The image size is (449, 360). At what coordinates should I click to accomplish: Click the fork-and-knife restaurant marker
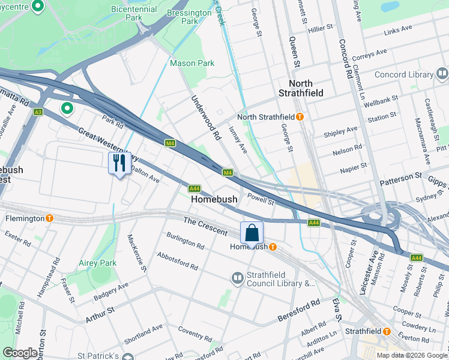coord(119,163)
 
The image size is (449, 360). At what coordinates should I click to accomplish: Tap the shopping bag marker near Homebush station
coord(252,232)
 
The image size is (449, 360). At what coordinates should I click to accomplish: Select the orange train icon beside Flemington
coord(50,218)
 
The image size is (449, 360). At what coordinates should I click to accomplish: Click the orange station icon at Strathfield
coord(387,331)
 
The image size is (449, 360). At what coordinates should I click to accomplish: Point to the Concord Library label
coord(404,75)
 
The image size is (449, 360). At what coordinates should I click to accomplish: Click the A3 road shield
coord(38,112)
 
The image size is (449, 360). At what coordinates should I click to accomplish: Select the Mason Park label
coord(191,63)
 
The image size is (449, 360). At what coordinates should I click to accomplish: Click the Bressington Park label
coord(190,16)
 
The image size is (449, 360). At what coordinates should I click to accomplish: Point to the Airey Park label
coord(97,263)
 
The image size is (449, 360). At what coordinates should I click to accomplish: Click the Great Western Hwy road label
coord(107,144)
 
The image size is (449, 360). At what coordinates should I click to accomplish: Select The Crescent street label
coord(205,226)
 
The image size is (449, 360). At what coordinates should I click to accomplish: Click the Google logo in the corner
coord(20,353)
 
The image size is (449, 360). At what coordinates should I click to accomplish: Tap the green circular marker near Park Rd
coord(67,109)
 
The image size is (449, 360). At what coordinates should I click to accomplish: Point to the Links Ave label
coord(398,28)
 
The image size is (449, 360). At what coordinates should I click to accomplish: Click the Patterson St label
coord(400,178)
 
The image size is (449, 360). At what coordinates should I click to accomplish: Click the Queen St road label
coord(294,51)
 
